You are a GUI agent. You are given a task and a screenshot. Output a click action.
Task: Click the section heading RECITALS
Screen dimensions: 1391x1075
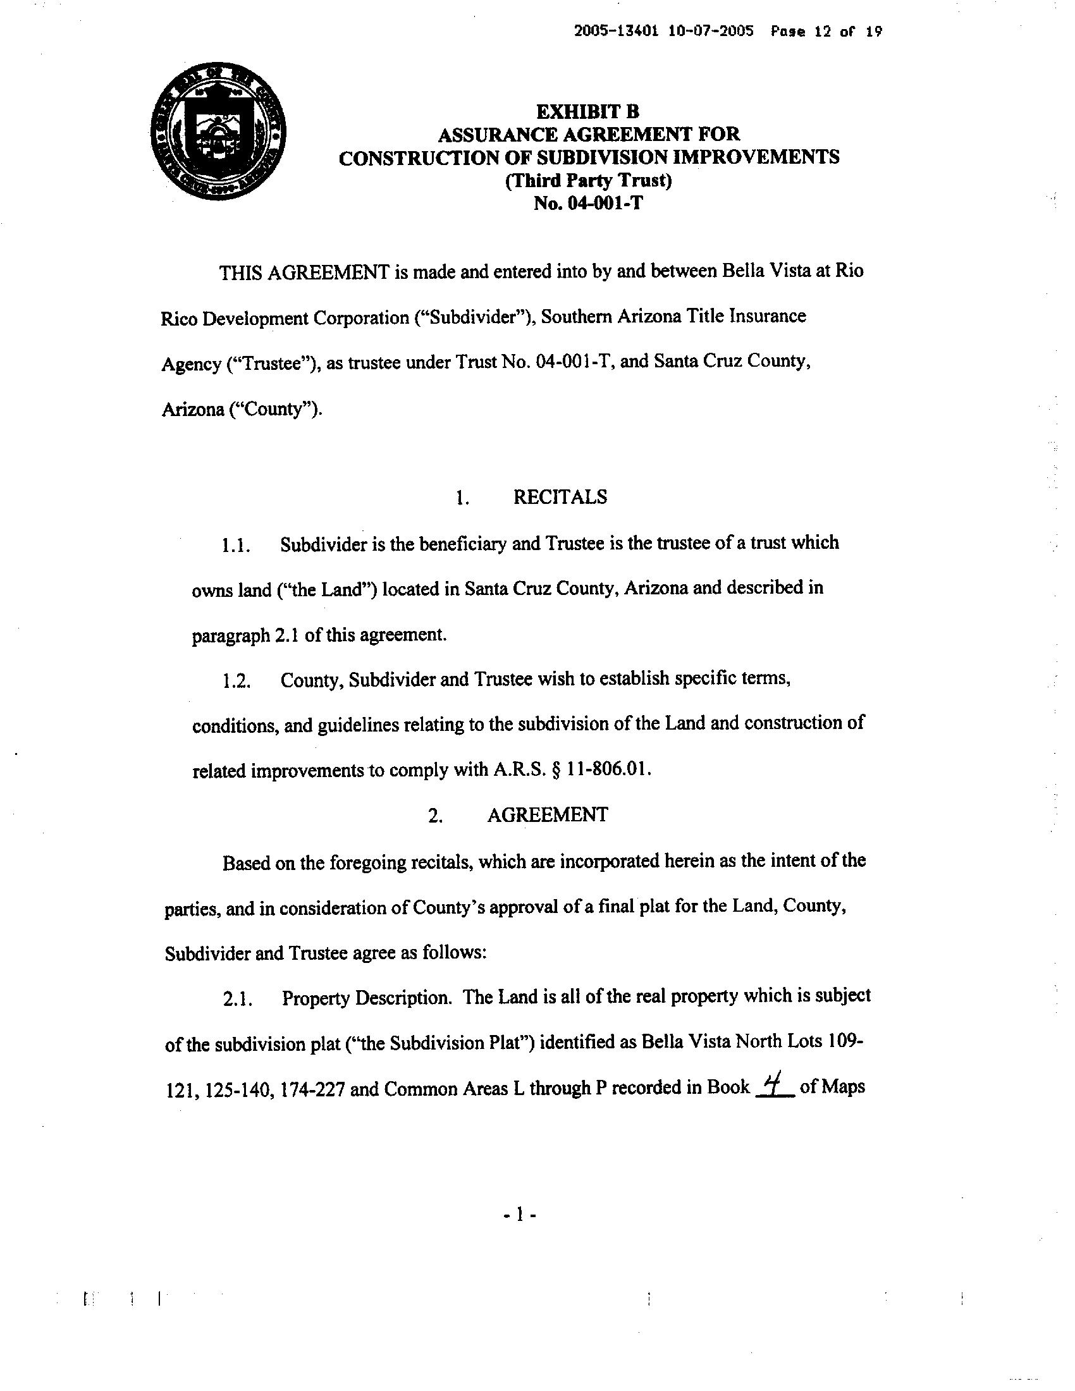tap(560, 497)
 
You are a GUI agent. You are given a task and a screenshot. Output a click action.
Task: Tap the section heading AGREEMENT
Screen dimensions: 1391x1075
tap(547, 814)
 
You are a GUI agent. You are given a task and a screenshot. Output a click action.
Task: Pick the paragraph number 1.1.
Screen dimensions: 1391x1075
tap(235, 545)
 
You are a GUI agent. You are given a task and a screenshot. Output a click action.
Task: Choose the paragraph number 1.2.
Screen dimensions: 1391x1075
tap(235, 680)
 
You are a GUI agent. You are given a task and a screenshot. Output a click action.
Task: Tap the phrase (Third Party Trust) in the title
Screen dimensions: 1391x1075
tap(589, 181)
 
